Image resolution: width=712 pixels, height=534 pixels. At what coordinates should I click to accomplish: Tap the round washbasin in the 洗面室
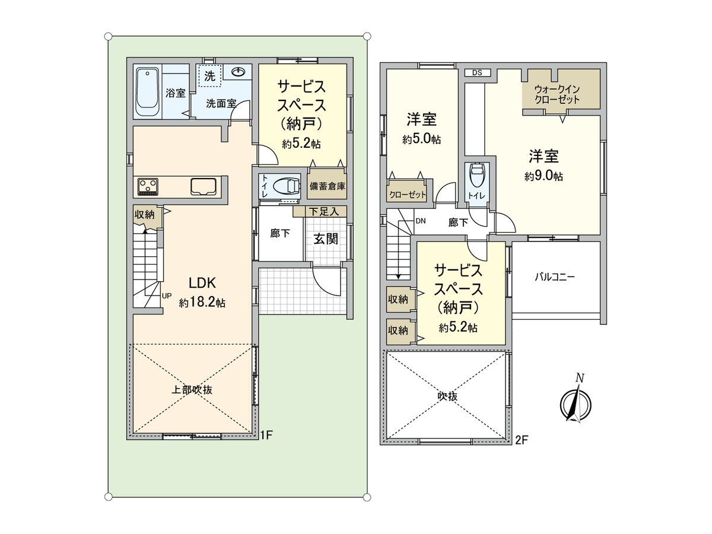coord(239,72)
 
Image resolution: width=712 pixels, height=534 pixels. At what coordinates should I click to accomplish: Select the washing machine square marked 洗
coord(209,76)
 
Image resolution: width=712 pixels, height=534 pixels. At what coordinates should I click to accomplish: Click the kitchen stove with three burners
coord(148,186)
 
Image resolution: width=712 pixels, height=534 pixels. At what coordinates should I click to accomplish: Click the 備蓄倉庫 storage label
coord(327,186)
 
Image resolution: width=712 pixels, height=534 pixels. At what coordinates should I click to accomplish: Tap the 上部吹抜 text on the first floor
coord(192,390)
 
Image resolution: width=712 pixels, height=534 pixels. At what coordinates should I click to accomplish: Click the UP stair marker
coord(167,295)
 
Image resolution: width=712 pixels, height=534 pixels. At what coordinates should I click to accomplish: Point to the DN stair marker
coord(421,221)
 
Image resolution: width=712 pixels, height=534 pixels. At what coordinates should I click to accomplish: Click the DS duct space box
coord(478,73)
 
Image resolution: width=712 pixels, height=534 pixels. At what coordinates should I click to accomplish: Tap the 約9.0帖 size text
coord(543,176)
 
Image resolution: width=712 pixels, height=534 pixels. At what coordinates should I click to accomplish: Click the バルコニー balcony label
coord(555,276)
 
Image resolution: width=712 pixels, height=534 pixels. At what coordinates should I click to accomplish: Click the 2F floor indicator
coord(521,440)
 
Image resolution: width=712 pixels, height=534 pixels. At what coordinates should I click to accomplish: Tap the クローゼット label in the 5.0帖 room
coord(408,195)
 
